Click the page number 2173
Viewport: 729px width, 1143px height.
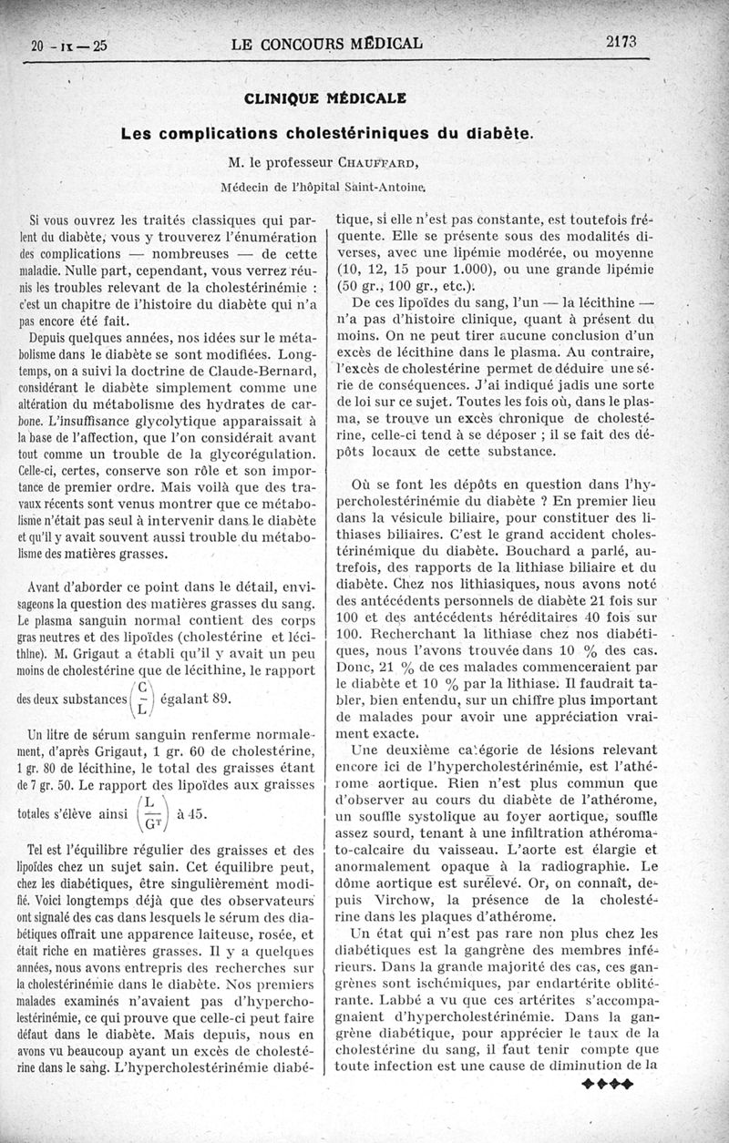620,41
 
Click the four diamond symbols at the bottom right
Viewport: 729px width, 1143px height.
606,1084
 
